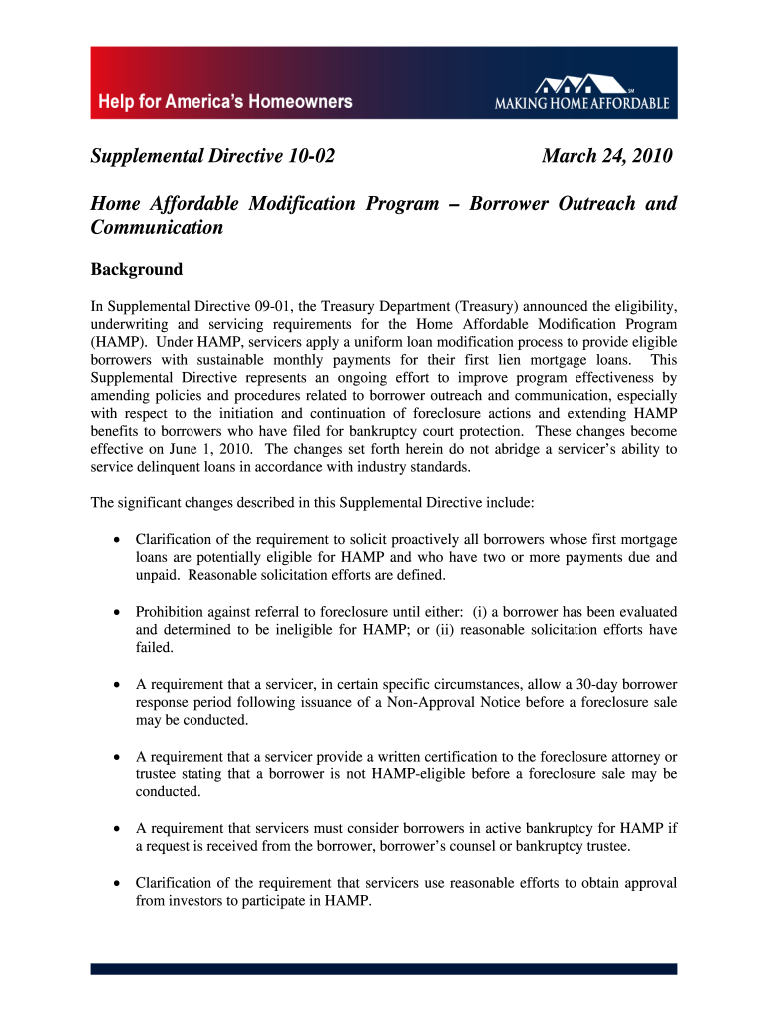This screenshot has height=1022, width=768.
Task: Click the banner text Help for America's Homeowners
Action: (224, 102)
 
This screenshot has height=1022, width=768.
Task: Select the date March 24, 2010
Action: (606, 156)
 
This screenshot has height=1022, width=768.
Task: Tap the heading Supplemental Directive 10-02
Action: (212, 156)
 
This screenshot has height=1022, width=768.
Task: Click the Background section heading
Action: (137, 269)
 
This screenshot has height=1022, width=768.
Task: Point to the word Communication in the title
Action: (157, 227)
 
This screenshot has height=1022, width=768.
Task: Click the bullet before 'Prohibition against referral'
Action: (118, 612)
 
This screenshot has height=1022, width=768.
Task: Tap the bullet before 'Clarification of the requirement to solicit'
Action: (118, 540)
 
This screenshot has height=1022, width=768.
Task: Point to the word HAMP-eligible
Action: (413, 773)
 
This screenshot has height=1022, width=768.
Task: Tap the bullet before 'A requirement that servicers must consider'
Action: (118, 827)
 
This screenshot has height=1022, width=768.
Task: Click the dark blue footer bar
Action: (384, 968)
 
